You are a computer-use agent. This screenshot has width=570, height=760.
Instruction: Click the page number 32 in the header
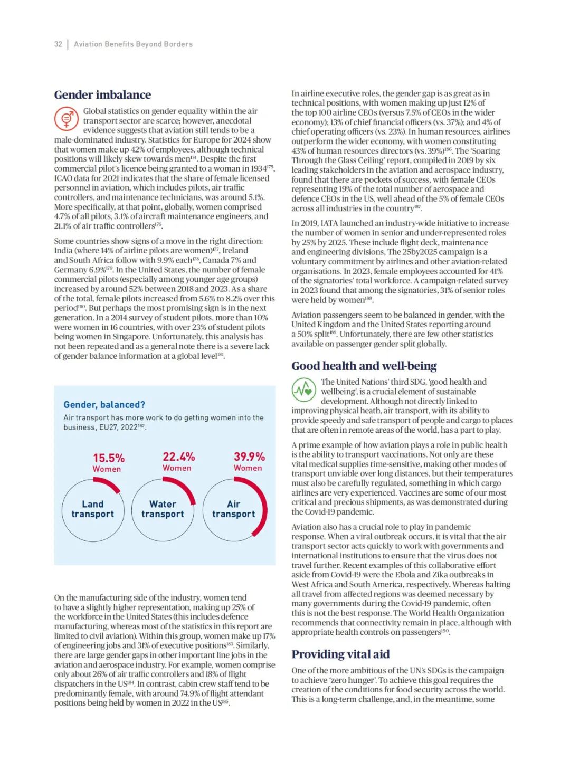coord(58,44)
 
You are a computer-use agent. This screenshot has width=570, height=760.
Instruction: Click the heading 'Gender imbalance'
coord(102,95)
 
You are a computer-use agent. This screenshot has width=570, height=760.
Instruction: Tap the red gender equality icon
coord(66,119)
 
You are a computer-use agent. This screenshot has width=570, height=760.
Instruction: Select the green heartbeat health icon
coord(304,390)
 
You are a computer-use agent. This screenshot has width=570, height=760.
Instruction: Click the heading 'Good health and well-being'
coord(364,366)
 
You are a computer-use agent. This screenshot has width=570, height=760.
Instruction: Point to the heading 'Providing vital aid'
coord(340,654)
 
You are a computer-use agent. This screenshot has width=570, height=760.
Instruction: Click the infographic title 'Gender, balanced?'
coord(104,405)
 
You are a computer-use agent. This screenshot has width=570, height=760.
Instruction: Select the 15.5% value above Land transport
coord(109,458)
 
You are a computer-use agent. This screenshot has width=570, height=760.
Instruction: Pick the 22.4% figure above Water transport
coord(178,457)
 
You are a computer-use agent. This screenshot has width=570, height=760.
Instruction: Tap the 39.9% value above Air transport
coord(249,457)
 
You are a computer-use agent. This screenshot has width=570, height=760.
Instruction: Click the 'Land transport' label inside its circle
coord(93,509)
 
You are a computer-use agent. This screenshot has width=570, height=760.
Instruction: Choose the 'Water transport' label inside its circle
coord(163,509)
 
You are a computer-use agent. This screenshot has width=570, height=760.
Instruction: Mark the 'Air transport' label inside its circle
coord(233,509)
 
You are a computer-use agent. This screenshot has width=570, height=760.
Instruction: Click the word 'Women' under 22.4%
coord(177,468)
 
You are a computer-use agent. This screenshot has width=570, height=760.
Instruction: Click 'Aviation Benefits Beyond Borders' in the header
coord(133,44)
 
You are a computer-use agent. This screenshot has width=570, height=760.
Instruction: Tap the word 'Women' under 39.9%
coord(248,468)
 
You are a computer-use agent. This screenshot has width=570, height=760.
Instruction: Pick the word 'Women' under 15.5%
coord(107,469)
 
